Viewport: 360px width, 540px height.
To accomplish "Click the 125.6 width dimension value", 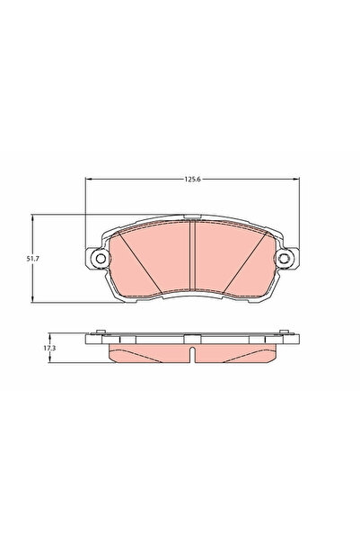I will [191, 180].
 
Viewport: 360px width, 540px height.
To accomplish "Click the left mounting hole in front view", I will [98, 261].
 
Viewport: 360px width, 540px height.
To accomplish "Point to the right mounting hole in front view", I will [286, 261].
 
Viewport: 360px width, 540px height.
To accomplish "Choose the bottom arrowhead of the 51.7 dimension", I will [34, 299].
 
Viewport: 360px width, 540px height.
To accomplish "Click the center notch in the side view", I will [192, 339].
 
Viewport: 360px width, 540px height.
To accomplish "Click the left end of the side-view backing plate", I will [90, 339].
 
